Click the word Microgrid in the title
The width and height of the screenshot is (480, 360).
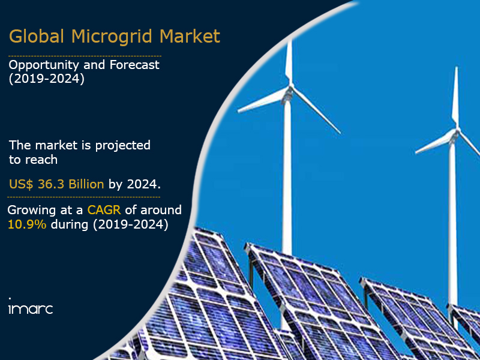(112, 37)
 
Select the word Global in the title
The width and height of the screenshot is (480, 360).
(37, 36)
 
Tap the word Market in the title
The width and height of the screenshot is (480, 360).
(190, 36)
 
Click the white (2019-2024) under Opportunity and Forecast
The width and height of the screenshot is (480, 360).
(47, 79)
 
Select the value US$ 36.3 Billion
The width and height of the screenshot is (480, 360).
(56, 184)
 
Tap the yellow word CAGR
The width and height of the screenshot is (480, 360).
(104, 210)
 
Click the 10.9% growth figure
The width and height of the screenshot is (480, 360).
(27, 224)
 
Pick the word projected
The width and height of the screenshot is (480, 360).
(123, 145)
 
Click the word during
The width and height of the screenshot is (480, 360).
(70, 224)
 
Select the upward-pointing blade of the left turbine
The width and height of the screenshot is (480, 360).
(289, 63)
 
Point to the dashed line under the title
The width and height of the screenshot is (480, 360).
(85, 56)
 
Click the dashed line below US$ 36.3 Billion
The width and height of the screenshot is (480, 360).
(83, 197)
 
